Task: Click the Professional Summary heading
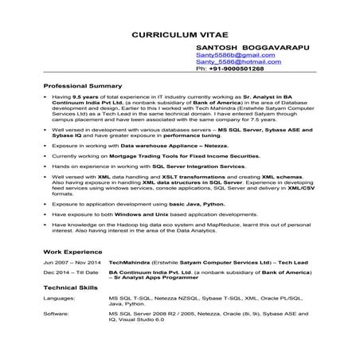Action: (83, 85)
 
